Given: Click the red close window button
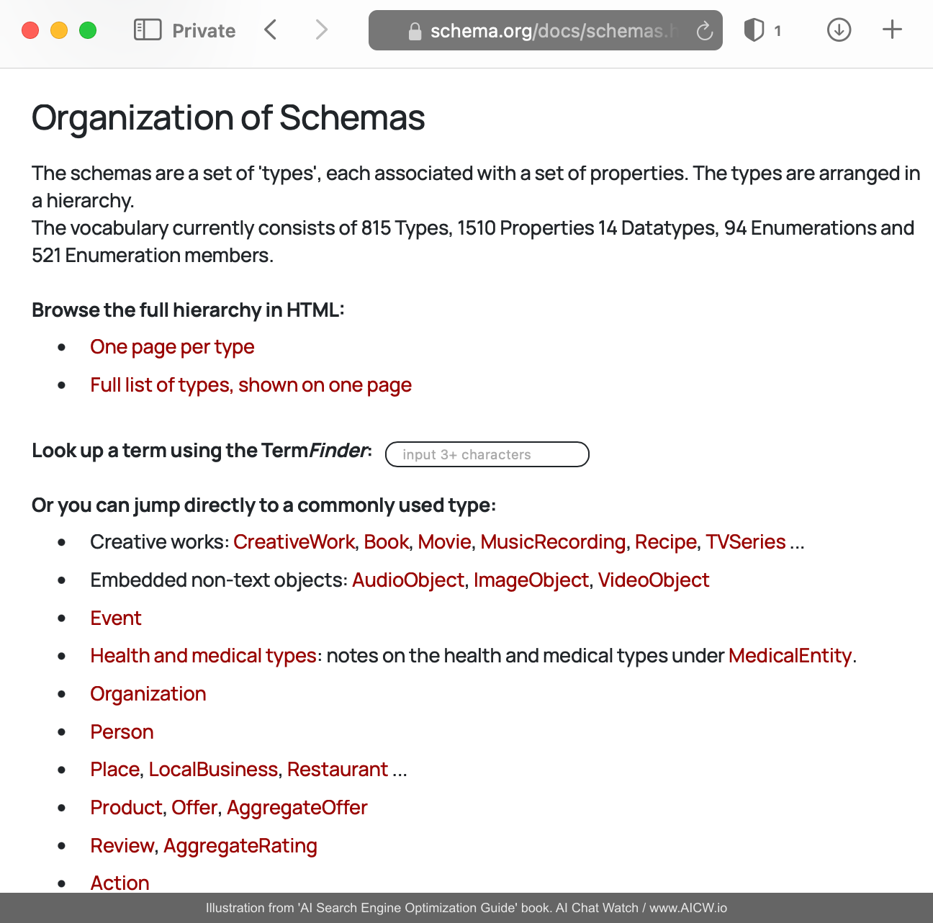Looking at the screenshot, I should point(30,30).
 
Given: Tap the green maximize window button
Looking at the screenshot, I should point(88,30).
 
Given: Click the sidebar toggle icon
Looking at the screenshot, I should point(148,30).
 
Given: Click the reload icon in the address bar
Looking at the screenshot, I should point(705,31).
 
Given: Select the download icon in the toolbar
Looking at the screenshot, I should point(839,30).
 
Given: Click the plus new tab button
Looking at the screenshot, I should point(892,30).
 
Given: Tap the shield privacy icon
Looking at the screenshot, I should point(754,30).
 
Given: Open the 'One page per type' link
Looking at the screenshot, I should point(172,347).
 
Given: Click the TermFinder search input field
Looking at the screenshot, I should point(487,454).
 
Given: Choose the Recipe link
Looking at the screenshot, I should point(666,542).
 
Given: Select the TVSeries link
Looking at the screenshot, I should point(745,542).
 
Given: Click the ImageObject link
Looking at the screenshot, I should point(531,580).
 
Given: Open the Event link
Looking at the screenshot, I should point(116,618).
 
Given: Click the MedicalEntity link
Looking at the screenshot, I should point(790,656).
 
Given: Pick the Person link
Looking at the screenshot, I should point(122,732).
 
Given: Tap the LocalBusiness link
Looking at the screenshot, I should point(213,770).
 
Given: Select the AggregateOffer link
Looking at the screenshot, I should point(297,808).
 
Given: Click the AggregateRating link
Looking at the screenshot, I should point(240,846).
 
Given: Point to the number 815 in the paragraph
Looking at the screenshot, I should point(376,228).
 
